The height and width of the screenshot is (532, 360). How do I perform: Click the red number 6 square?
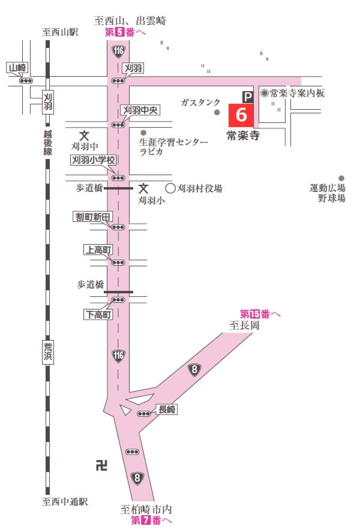click(x=242, y=114)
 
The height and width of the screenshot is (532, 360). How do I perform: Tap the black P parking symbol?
click(x=247, y=95)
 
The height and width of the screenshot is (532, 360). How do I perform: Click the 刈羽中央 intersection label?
click(x=140, y=110)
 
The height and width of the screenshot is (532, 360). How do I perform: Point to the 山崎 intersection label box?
click(x=17, y=68)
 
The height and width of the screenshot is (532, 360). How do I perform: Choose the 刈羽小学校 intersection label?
click(x=93, y=160)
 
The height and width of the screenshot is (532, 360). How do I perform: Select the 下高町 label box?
click(x=97, y=314)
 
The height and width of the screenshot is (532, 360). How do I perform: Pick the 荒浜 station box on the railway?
click(x=47, y=351)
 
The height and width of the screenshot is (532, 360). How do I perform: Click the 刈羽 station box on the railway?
click(x=47, y=101)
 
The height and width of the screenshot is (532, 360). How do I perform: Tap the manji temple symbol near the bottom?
click(x=101, y=464)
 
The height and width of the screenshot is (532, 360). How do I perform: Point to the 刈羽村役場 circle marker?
click(x=170, y=188)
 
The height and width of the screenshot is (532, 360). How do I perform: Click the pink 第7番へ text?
click(x=151, y=521)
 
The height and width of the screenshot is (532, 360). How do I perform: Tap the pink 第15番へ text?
click(x=260, y=314)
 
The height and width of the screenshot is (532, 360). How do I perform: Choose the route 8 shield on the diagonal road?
click(x=194, y=369)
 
